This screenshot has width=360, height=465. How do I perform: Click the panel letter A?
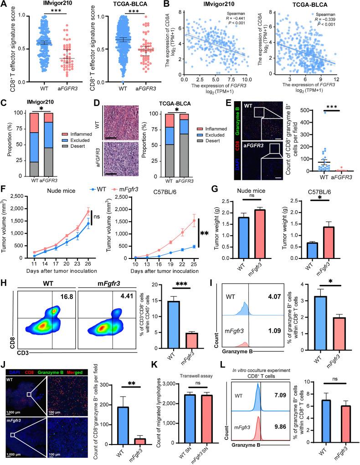[4, 4]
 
